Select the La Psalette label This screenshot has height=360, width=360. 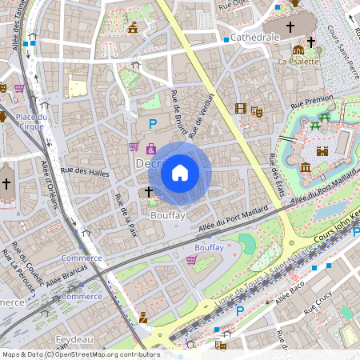point(298,61)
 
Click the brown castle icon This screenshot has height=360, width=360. point(323,150)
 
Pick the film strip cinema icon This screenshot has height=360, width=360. point(241,108)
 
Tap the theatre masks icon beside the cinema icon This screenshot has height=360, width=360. point(256,110)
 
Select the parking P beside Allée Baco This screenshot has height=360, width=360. point(239,310)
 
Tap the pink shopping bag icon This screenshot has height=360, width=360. point(151,147)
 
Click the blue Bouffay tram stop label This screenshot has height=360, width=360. point(209,248)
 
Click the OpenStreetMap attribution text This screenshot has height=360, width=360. point(81,354)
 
